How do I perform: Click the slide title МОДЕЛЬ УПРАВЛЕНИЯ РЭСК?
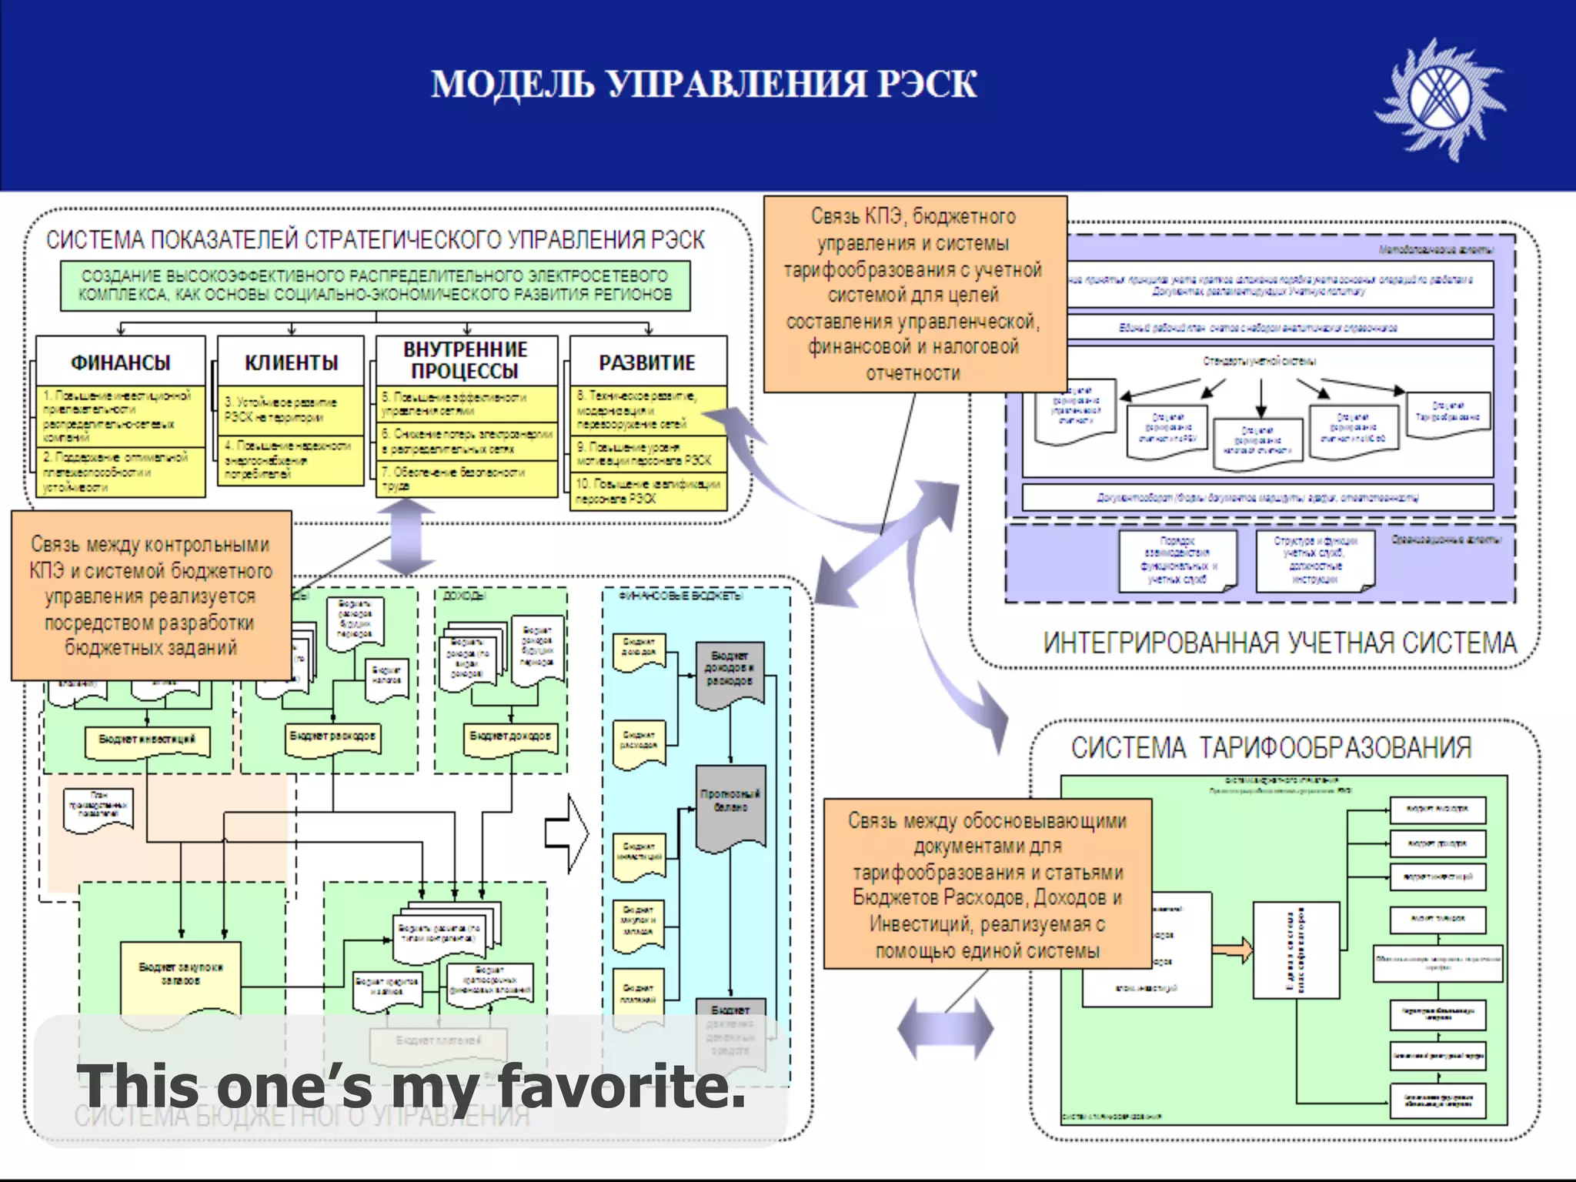[703, 84]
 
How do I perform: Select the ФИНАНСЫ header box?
[121, 362]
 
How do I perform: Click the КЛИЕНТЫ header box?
[291, 362]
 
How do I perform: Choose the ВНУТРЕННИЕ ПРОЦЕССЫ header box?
[466, 360]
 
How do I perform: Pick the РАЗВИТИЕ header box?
[647, 362]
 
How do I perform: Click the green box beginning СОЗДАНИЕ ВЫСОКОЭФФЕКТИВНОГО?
[375, 285]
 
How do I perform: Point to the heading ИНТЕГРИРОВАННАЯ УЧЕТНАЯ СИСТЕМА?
[1279, 643]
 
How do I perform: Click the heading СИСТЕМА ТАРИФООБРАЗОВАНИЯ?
[1271, 747]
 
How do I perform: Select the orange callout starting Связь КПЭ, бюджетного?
[914, 294]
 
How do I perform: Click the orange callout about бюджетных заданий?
[151, 596]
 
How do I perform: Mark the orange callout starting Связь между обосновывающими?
[987, 884]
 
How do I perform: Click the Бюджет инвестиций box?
[147, 740]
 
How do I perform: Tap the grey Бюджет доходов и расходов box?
[730, 669]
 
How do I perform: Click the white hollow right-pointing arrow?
[567, 833]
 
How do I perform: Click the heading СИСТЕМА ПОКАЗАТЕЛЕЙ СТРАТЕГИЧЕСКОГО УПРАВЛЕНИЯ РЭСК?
[375, 240]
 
